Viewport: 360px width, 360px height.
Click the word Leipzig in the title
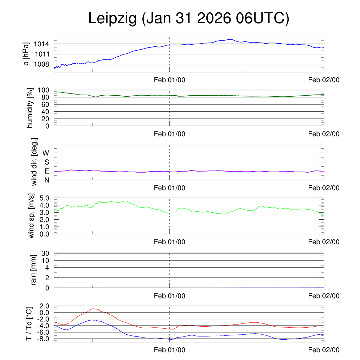click(112, 19)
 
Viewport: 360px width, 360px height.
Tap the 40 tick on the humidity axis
click(47, 111)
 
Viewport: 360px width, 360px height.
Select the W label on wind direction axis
click(46, 153)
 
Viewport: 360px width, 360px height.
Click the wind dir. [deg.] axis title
click(34, 162)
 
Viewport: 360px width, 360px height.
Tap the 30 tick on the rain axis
click(47, 253)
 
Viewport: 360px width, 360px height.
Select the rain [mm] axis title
click(34, 270)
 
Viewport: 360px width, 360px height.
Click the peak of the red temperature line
click(94, 309)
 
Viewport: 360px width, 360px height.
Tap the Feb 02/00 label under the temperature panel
click(324, 350)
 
